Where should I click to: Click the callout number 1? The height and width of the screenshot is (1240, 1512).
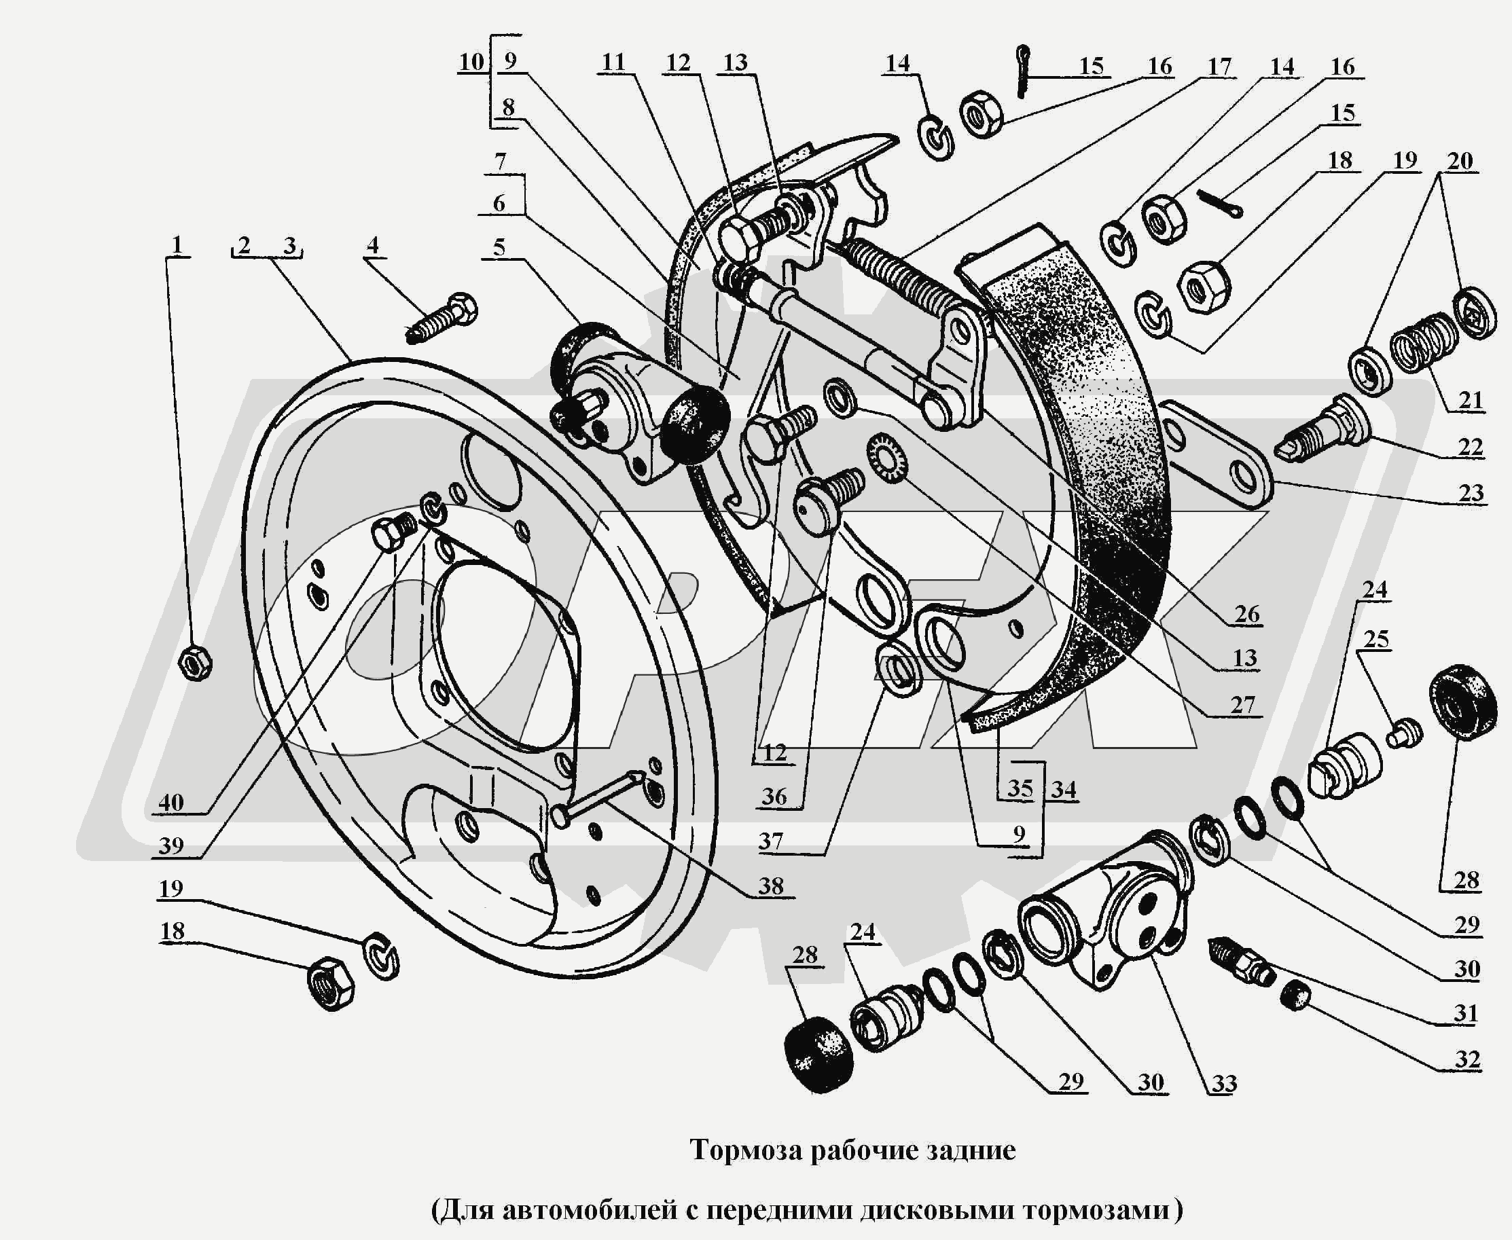point(177,245)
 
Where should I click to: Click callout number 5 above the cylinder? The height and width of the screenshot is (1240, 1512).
point(499,247)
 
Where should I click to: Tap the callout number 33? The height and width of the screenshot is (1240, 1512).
point(1224,1083)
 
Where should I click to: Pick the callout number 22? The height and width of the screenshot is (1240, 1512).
point(1470,447)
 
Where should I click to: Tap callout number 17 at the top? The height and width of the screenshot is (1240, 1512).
point(1219,67)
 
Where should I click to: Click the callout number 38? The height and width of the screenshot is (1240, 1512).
point(771,886)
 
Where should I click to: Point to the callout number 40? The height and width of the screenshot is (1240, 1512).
point(170,802)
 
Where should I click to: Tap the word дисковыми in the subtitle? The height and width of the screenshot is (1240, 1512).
point(936,1209)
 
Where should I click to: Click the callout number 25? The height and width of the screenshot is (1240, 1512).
point(1376,638)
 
